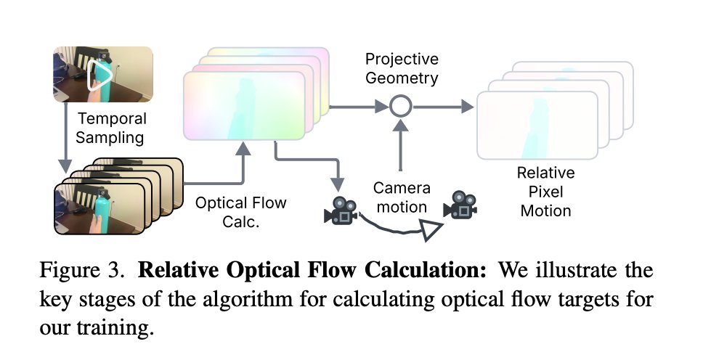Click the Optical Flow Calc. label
pyautogui.click(x=230, y=211)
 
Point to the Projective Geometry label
pyautogui.click(x=401, y=67)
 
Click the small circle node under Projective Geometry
pyautogui.click(x=400, y=107)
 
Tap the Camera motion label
pyautogui.click(x=402, y=197)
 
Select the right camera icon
pyautogui.click(x=462, y=204)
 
